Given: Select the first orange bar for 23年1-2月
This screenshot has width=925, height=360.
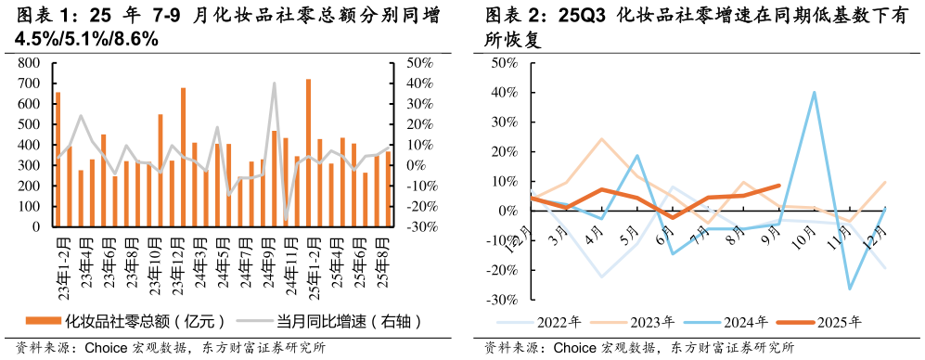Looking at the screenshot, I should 58,159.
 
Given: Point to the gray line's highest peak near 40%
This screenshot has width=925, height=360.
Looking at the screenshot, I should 274,84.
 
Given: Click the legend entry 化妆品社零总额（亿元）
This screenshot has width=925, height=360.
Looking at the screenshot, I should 125,322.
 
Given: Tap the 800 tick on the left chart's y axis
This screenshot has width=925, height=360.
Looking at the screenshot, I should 29,63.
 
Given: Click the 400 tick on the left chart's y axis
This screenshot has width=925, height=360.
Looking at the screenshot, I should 29,145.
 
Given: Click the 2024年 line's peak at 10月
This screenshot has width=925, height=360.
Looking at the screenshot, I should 814,92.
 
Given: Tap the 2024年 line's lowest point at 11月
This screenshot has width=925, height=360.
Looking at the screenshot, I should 849,289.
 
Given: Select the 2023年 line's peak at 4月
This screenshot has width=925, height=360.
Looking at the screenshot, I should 601,139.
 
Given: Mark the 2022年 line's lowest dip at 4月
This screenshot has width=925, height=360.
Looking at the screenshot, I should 601,276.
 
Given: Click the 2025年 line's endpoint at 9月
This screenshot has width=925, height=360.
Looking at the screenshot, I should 778,186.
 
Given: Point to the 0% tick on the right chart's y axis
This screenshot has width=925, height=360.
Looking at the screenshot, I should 508,211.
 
